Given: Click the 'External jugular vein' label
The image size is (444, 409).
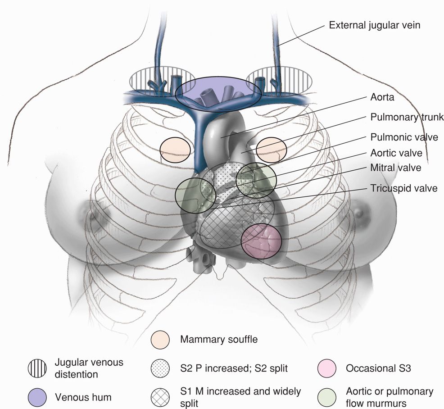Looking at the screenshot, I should point(375,25).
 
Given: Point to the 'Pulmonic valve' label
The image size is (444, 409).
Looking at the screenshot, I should point(404,137).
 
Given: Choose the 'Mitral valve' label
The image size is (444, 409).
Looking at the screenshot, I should point(395,168).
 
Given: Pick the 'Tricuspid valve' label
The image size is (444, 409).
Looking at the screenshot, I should point(403,188).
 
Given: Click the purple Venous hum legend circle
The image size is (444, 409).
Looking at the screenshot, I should point(37,397).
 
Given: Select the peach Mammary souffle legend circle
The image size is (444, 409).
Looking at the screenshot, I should point(160,339).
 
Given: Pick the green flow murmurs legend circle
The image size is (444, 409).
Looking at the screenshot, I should point(327,396).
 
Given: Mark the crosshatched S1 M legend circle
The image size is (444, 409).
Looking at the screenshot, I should point(160,396).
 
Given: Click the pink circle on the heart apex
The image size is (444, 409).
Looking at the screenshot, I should point(262,241).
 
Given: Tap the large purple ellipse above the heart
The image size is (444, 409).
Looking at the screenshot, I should point(218,94).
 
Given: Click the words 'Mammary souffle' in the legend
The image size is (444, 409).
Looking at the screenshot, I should point(219,339).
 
